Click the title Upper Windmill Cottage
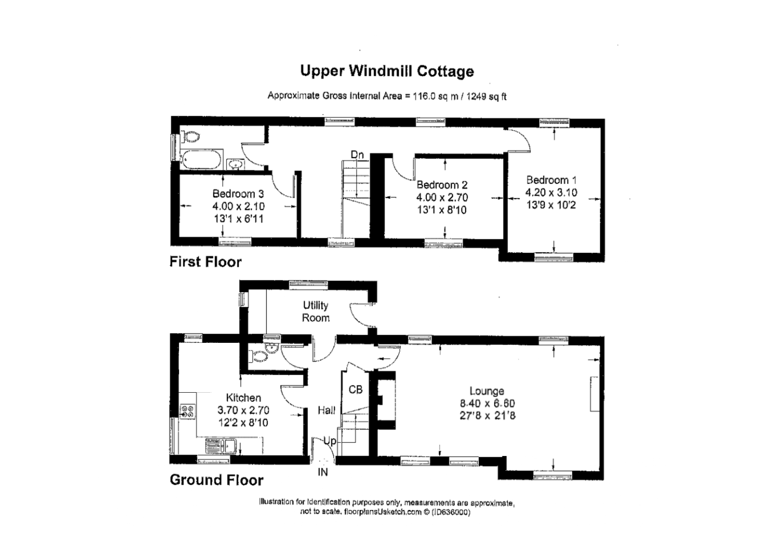tap(387, 71)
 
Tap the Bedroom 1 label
tap(551, 180)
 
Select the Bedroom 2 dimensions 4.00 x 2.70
tap(442, 197)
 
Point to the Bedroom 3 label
tap(238, 193)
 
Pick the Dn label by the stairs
tap(357, 155)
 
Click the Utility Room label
tap(316, 311)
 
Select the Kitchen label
tap(244, 398)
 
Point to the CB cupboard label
tap(356, 389)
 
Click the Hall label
tap(326, 410)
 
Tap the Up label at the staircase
tap(330, 441)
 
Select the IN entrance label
tap(323, 472)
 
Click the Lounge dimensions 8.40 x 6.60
tap(487, 404)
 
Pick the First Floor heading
tap(206, 262)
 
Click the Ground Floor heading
tap(216, 480)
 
